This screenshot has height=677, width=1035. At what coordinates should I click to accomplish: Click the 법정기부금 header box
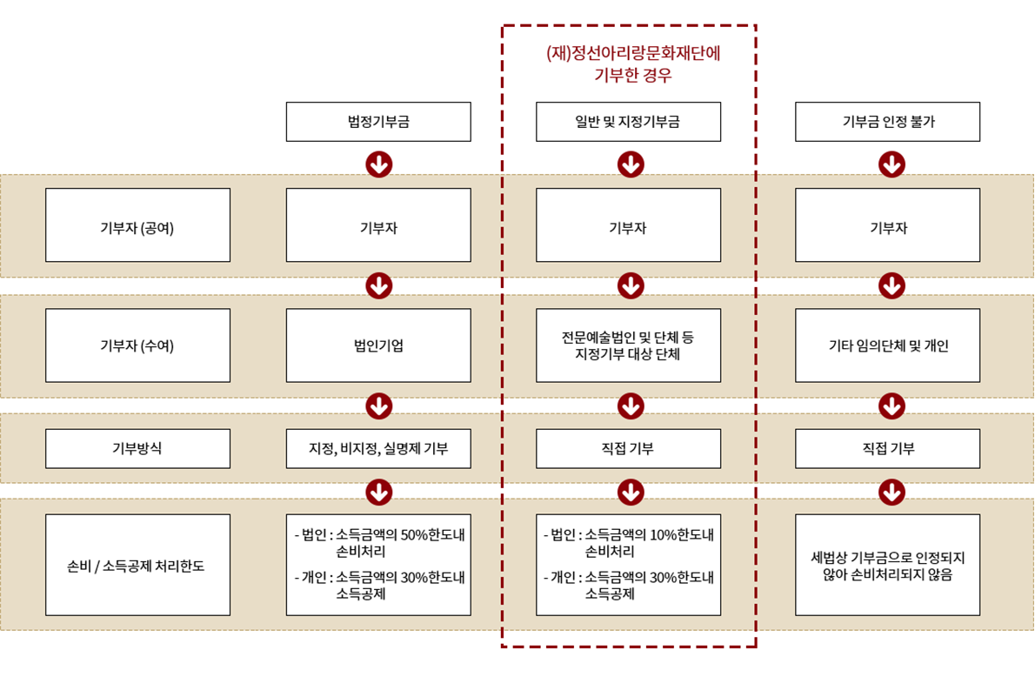378,122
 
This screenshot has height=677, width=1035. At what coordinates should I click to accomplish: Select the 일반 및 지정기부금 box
628,122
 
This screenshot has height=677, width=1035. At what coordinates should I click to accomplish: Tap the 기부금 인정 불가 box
887,122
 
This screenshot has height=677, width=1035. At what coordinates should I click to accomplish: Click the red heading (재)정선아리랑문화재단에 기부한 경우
632,64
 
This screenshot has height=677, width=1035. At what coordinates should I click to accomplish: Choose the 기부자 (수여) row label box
137,345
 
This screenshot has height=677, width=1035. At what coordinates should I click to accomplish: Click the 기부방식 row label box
137,449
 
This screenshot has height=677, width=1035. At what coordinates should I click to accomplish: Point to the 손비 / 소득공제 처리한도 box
137,566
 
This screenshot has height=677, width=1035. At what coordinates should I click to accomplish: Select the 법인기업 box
378,345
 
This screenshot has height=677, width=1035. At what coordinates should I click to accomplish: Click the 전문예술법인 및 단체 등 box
628,345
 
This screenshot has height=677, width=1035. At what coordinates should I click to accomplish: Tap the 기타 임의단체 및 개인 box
887,345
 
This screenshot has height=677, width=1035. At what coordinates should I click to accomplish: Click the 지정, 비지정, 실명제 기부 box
378,449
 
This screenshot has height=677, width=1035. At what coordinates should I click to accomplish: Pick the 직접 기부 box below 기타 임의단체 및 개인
887,449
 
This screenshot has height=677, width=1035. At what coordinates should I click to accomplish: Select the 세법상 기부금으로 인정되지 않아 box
887,566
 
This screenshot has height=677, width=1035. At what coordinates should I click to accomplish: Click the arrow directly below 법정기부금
379,164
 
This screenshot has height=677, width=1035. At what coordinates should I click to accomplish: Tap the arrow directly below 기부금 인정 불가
891,164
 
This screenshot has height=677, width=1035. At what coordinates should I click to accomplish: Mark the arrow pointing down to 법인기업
379,285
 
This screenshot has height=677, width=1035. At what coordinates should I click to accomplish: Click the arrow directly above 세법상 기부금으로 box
891,493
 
